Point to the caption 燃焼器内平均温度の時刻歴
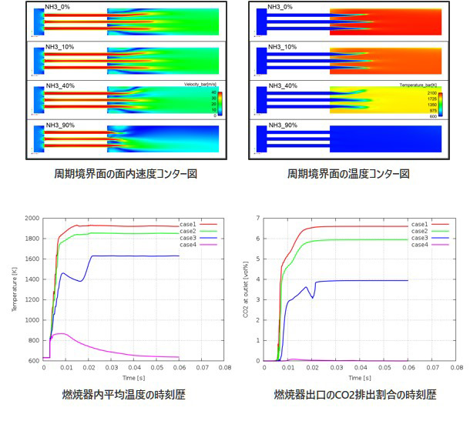click(126, 395)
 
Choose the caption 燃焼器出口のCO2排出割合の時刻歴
click(355, 395)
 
